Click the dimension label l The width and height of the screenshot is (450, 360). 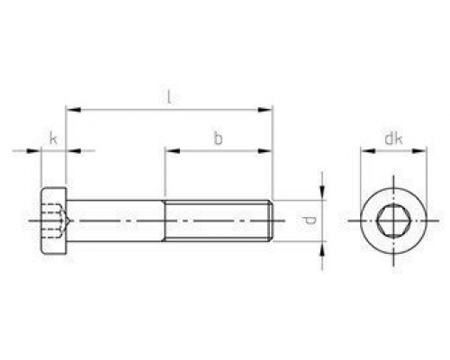[169, 96]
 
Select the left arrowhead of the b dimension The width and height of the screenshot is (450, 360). [168, 152]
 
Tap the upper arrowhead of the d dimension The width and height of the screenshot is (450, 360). [321, 195]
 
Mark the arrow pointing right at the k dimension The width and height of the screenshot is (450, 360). [36, 152]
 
